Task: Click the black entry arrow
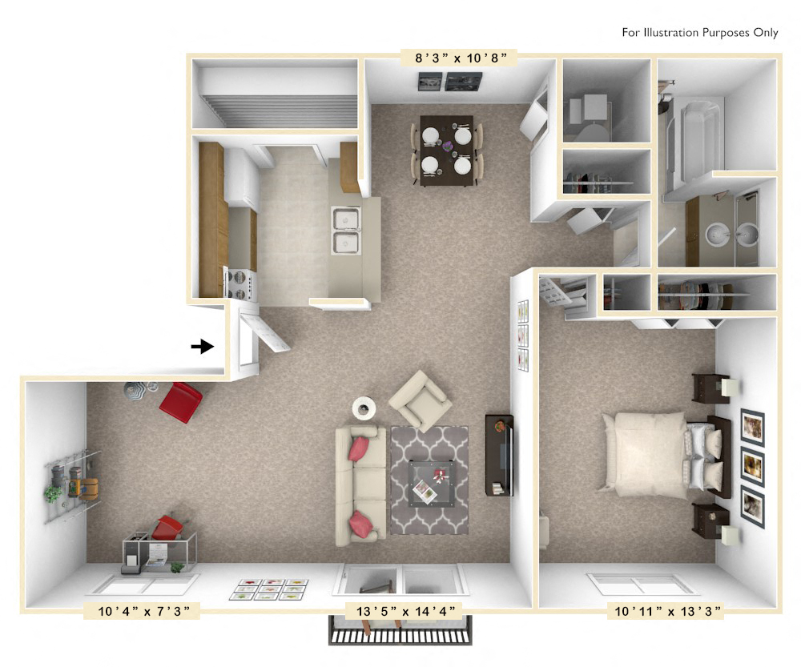click(203, 346)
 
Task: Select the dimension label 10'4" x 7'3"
click(141, 612)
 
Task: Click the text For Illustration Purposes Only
click(699, 33)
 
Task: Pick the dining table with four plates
click(446, 151)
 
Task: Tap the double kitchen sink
click(346, 231)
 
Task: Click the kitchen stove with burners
click(240, 283)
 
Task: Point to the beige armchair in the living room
click(420, 400)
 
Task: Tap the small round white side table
click(364, 408)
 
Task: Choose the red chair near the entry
click(181, 402)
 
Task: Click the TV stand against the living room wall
click(499, 455)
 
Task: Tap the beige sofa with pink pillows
click(360, 485)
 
